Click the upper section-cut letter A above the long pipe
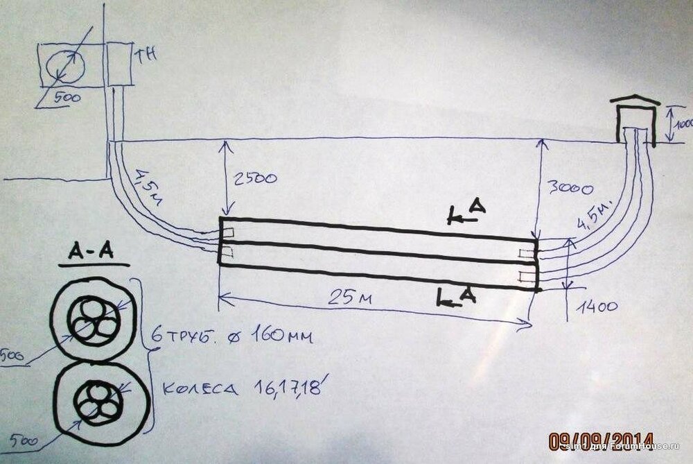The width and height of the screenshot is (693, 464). pos(475,207)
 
